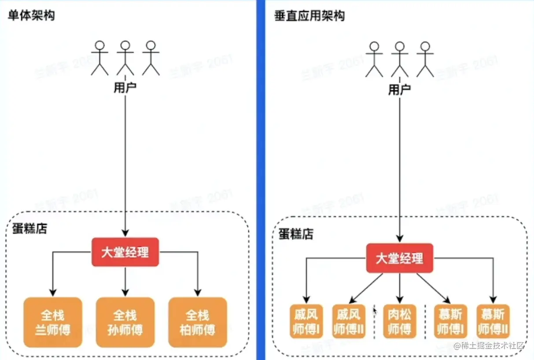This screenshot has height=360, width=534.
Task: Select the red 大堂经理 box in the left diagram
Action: [x=125, y=252]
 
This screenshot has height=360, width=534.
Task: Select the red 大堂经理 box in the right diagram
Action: [x=400, y=258]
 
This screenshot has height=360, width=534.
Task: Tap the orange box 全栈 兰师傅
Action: [x=53, y=322]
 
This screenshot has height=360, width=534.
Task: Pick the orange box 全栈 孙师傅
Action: [x=125, y=322]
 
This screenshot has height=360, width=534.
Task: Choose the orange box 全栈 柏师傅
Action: [x=197, y=322]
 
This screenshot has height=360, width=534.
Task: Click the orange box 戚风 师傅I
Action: [x=306, y=322]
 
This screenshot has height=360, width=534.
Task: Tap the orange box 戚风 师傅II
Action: [x=349, y=322]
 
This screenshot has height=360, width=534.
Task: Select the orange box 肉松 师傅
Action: [x=400, y=322]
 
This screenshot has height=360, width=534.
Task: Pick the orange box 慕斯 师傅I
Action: [x=450, y=322]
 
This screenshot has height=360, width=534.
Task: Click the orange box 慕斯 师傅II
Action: [x=493, y=322]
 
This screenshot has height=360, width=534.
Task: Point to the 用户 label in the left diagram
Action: [x=125, y=88]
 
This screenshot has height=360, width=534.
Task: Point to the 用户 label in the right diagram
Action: [x=400, y=90]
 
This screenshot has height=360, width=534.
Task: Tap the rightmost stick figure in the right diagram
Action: [x=425, y=59]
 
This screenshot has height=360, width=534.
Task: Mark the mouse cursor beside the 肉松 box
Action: [x=375, y=311]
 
